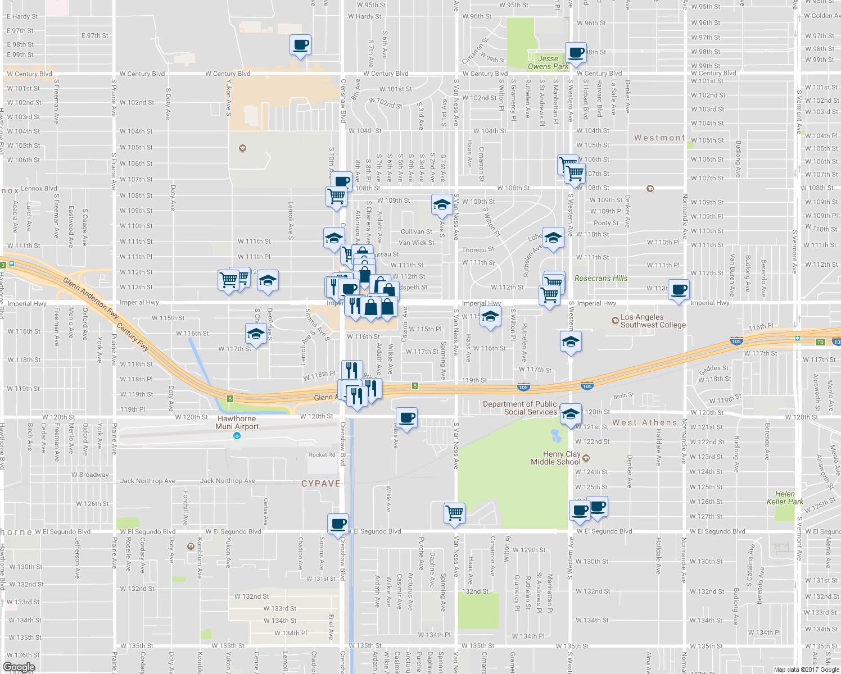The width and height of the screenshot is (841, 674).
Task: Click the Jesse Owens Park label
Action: coord(548,62)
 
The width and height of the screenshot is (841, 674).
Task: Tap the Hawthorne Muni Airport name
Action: coord(237,422)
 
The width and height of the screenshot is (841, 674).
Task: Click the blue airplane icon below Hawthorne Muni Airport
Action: coord(237,435)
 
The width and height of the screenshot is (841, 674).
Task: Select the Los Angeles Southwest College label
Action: coord(653,321)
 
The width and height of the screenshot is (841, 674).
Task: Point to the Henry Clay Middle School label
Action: coord(555,458)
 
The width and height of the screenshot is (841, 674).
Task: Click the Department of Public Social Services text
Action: coord(519,408)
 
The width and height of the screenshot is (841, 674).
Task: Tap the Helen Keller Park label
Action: coord(785,498)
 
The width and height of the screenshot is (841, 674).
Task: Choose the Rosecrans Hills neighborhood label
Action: coord(600,278)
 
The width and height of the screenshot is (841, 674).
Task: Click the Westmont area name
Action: coord(659,138)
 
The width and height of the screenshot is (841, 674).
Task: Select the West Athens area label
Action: coord(644,422)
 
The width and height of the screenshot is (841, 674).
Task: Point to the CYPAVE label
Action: coord(321,484)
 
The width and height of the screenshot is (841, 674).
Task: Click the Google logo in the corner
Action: coord(19,667)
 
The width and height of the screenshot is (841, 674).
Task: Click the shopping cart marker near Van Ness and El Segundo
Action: coord(454,513)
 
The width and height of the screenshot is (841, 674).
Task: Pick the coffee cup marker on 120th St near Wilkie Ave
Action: coord(406,418)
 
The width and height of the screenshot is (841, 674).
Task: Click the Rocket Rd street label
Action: coord(322,455)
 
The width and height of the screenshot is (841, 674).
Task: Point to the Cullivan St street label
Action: coord(416,231)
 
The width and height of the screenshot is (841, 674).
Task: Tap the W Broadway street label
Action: coord(90,475)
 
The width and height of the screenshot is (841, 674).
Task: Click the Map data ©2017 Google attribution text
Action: coord(806,670)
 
